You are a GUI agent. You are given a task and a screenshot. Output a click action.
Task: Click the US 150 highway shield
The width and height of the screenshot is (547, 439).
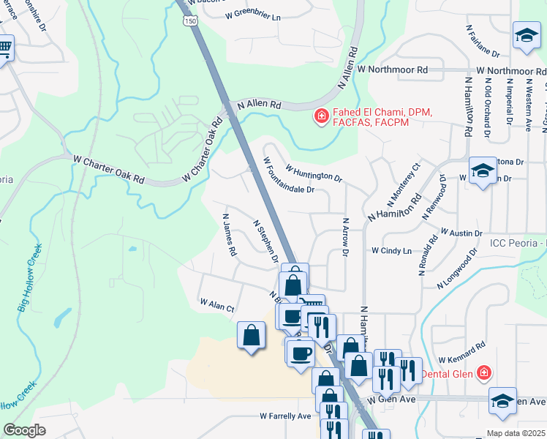pos(191,23)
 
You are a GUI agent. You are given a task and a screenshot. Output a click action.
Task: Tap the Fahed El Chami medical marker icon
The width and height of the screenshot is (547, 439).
pos(320,116)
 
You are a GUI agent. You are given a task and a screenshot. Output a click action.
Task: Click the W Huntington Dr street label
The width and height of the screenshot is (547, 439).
pos(314,173)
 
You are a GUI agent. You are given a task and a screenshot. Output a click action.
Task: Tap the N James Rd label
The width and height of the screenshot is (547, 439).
pos(229,234)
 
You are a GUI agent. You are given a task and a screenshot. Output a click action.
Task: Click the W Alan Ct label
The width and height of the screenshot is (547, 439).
pos(216,302)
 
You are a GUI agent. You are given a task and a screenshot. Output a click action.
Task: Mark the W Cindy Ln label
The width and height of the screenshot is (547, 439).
pos(391,250)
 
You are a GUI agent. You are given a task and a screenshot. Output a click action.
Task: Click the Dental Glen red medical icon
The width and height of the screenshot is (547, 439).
pos(483,374)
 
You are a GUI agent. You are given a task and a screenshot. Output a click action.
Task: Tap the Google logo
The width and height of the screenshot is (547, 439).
pos(24,429)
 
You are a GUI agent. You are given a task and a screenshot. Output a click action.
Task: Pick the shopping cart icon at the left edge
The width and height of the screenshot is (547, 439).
pos(4,50)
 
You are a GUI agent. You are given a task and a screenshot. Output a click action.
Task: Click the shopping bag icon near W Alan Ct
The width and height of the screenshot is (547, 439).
pos(251,336)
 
